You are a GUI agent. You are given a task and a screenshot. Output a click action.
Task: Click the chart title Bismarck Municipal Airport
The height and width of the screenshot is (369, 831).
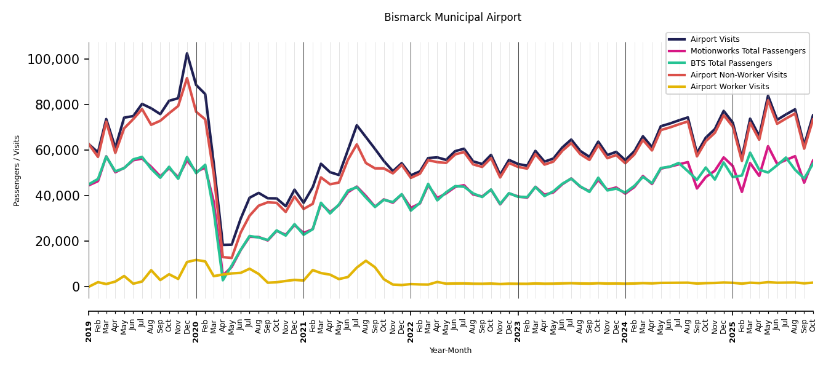pyautogui.click(x=452, y=18)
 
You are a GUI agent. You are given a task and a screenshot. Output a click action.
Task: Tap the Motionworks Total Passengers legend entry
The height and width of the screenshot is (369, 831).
pyautogui.click(x=747, y=51)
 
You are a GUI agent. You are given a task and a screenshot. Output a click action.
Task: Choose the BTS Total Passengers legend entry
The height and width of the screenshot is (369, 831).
pyautogui.click(x=731, y=63)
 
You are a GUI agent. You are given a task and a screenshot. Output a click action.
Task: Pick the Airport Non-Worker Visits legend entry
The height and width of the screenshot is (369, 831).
pyautogui.click(x=738, y=75)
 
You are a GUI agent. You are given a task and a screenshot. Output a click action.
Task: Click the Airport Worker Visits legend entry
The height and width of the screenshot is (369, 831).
pyautogui.click(x=729, y=87)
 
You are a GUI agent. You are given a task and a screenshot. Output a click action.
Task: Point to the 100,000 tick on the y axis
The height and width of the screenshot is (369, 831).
pyautogui.click(x=54, y=60)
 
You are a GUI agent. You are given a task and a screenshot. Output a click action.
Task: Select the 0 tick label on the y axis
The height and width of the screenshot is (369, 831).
pyautogui.click(x=76, y=287)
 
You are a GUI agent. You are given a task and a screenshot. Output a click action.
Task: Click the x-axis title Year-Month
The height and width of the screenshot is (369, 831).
pyautogui.click(x=451, y=351)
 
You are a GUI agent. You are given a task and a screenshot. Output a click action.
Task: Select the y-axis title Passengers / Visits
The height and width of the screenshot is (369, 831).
pyautogui.click(x=17, y=170)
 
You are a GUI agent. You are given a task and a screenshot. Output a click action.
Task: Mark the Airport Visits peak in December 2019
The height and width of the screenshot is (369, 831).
pyautogui.click(x=187, y=53)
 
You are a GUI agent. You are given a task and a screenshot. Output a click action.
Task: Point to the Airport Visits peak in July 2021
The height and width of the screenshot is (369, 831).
pyautogui.click(x=357, y=125)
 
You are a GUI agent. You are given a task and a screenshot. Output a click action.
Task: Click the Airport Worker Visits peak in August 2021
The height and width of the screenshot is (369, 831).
pyautogui.click(x=366, y=261)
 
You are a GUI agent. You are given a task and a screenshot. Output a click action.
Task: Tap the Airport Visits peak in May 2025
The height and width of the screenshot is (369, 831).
pyautogui.click(x=768, y=95)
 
